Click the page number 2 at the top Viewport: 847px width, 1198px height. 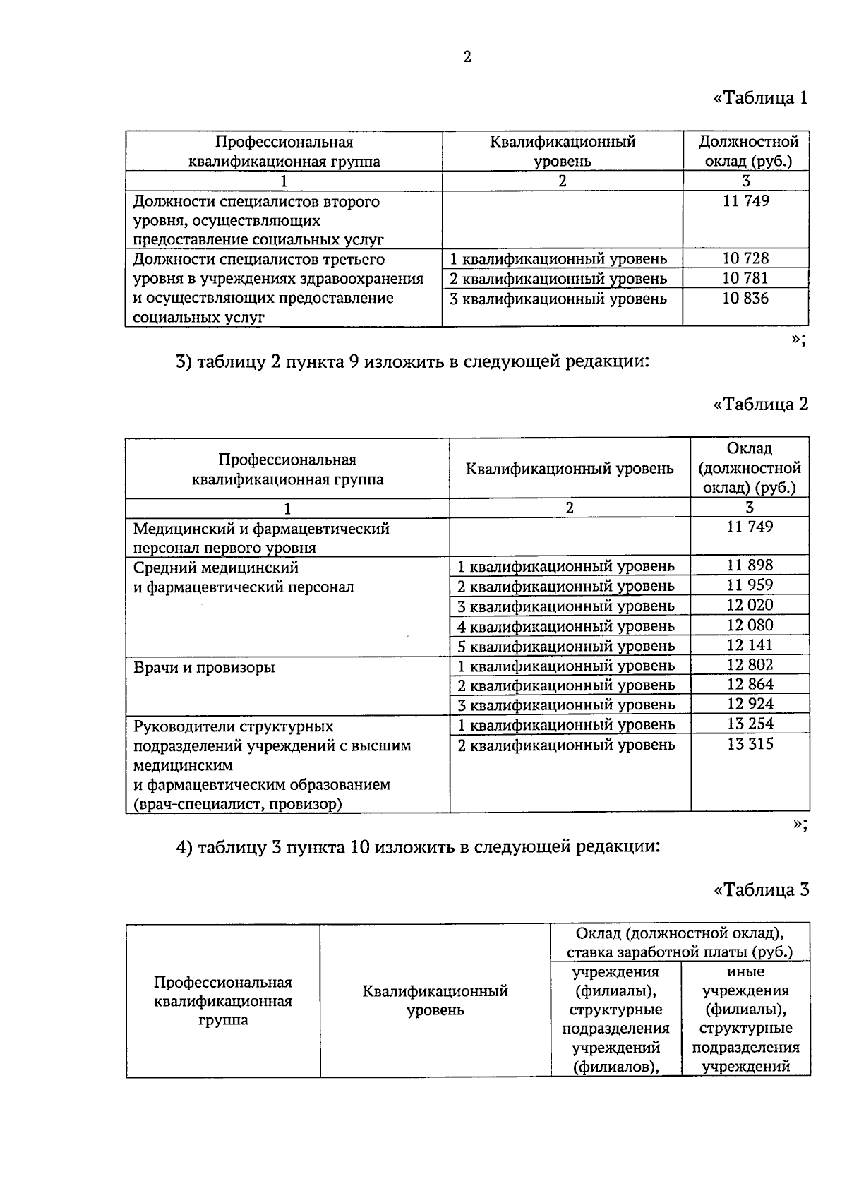coord(467,58)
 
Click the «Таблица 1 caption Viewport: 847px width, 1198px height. coord(760,97)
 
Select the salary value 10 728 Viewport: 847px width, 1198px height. coord(745,258)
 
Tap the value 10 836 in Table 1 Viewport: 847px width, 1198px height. coord(745,298)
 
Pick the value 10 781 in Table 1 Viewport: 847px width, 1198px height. coord(745,278)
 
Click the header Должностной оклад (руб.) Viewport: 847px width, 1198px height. coord(748,151)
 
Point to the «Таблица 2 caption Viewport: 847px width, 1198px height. coord(760,405)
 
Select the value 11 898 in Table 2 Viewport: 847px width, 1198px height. coord(750,565)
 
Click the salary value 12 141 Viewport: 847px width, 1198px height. coord(750,645)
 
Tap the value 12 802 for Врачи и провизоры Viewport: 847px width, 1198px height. coord(750,664)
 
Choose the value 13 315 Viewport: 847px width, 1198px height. coord(750,743)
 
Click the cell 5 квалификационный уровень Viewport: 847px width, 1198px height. coord(566,646)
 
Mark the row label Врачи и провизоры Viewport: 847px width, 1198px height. coord(204,667)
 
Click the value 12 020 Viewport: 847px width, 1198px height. coord(750,604)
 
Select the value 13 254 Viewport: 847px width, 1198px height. coord(750,724)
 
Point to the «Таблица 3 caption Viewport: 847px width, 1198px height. coord(760,890)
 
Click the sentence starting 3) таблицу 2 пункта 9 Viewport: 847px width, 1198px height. coord(412,362)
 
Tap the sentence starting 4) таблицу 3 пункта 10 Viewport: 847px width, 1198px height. coord(418,846)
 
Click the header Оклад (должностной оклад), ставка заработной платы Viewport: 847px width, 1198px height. coord(680,942)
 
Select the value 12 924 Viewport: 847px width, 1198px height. coord(750,704)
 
